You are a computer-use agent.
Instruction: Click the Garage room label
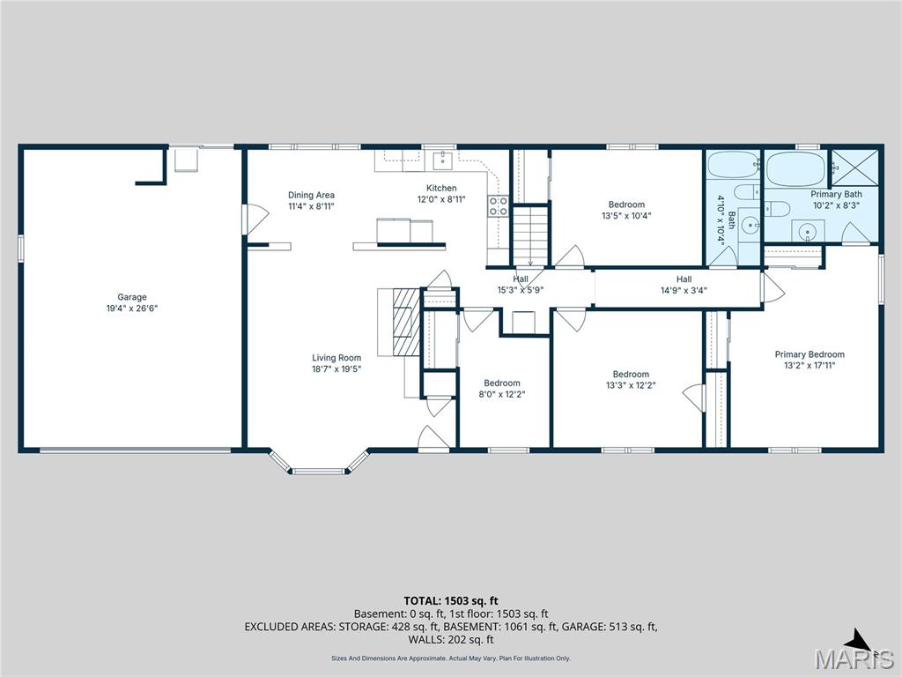[132, 297]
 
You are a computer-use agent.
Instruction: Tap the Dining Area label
[311, 195]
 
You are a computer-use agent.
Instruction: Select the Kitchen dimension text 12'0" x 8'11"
[441, 199]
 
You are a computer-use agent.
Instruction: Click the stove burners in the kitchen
[499, 206]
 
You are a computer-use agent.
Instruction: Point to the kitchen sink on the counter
[442, 160]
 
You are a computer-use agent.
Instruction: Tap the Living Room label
[336, 358]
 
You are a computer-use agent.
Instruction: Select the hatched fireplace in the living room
[406, 321]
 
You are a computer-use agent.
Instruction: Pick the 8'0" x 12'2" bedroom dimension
[501, 394]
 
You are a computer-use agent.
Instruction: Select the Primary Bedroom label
[810, 354]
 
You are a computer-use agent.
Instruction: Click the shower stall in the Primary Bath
[855, 164]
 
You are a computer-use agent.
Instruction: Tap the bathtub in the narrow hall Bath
[733, 164]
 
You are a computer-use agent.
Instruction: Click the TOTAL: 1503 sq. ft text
[451, 600]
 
